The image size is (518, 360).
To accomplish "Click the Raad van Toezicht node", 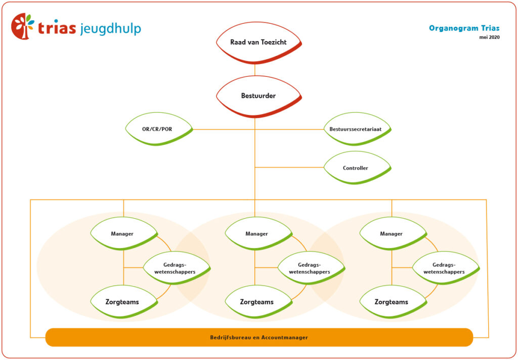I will pyautogui.click(x=258, y=43).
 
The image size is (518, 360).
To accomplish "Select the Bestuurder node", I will pyautogui.click(x=258, y=96).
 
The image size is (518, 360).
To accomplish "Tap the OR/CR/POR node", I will pyautogui.click(x=157, y=129).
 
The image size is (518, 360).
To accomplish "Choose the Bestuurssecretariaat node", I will pyautogui.click(x=356, y=129).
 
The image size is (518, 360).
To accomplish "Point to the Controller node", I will pyautogui.click(x=356, y=168).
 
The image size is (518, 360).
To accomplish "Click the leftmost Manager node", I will pyautogui.click(x=122, y=233).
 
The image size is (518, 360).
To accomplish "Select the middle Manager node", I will pyautogui.click(x=257, y=233).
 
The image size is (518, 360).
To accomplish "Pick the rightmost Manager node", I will pyautogui.click(x=392, y=233).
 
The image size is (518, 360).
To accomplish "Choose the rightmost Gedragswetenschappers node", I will pyautogui.click(x=445, y=268).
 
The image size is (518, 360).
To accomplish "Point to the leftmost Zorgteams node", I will pyautogui.click(x=122, y=302).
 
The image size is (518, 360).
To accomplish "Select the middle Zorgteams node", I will pyautogui.click(x=257, y=302).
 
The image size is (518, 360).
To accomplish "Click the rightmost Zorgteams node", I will pyautogui.click(x=392, y=302).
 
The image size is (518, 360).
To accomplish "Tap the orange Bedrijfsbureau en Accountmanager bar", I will pyautogui.click(x=259, y=337).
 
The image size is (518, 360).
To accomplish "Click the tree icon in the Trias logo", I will pyautogui.click(x=23, y=27).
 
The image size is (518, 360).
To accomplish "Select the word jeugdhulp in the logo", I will pyautogui.click(x=110, y=28).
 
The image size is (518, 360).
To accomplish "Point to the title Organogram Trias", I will pyautogui.click(x=464, y=28).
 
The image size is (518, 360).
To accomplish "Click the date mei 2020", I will pyautogui.click(x=489, y=37).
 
